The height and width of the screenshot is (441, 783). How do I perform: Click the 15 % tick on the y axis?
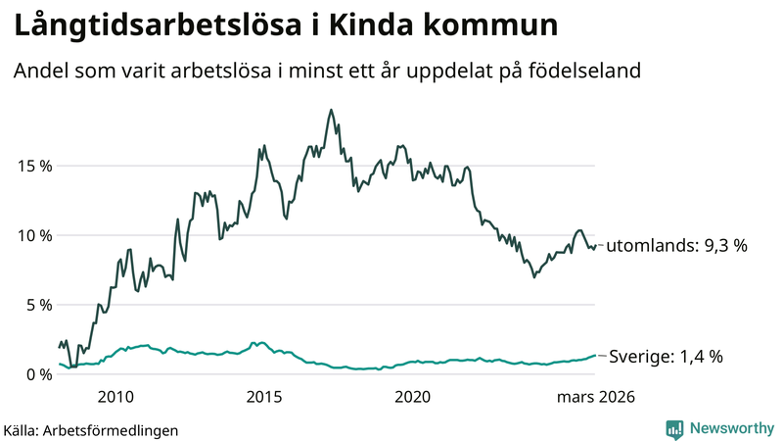point(32,165)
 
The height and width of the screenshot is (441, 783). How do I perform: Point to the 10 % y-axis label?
point(32,234)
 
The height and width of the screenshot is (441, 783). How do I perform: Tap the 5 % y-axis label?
point(36,304)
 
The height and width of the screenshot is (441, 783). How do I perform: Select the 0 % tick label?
point(36,373)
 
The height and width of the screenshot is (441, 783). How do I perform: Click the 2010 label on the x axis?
point(115,397)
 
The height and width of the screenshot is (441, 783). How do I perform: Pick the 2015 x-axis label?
point(263,397)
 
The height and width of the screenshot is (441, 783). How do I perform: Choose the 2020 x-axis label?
point(411,397)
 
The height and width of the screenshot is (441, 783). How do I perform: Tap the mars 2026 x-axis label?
point(596,397)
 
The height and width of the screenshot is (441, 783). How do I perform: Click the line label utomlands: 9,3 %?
point(676,246)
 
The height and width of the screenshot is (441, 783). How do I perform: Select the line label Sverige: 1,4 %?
point(666,357)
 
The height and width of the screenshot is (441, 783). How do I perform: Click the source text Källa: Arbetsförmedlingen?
point(91,429)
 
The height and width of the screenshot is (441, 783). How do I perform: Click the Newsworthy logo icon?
point(674,428)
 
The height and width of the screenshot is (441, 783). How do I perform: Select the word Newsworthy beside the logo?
point(731,428)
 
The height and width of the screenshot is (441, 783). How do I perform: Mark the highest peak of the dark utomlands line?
point(331,110)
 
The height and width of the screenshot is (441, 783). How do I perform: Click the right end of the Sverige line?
point(594,356)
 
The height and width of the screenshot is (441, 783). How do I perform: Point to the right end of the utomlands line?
point(594,246)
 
